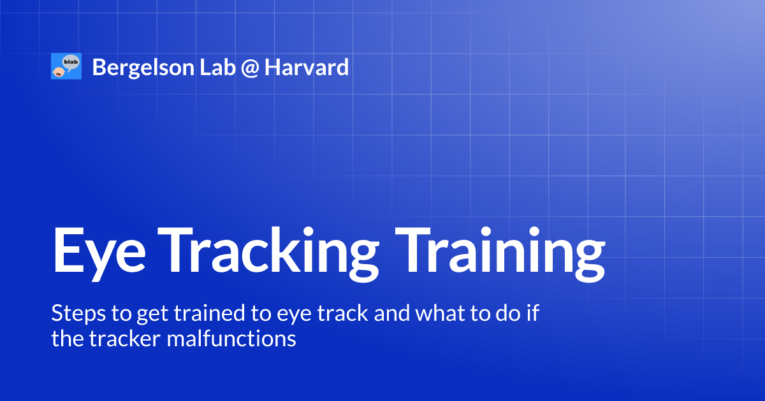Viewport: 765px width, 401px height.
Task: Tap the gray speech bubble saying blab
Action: [x=70, y=62]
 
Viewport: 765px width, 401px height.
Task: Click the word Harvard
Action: [x=307, y=67]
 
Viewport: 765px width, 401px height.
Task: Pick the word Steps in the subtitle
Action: [x=72, y=313]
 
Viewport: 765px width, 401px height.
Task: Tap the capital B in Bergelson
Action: [x=98, y=67]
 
